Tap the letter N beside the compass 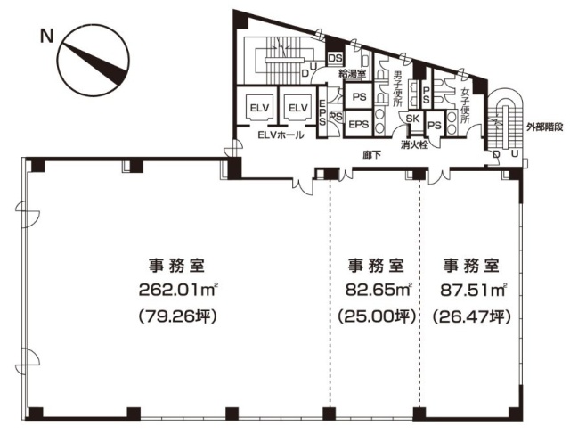pyautogui.click(x=45, y=37)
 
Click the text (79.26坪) pyautogui.click(x=179, y=316)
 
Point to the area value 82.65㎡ pyautogui.click(x=374, y=289)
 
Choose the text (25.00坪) pyautogui.click(x=374, y=316)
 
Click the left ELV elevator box pyautogui.click(x=259, y=108)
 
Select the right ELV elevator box pyautogui.click(x=296, y=108)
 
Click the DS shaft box pyautogui.click(x=336, y=59)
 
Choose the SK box pyautogui.click(x=412, y=118)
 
